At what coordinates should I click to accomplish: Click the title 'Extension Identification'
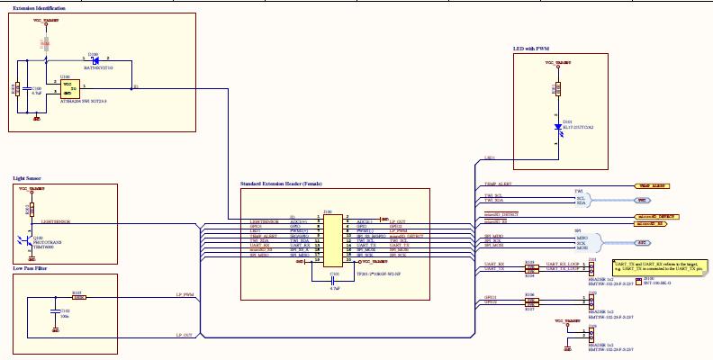[x=39, y=8]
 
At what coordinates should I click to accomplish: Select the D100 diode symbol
[x=93, y=60]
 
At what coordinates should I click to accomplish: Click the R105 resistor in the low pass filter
[x=78, y=297]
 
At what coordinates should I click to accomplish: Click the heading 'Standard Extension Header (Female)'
[x=280, y=184]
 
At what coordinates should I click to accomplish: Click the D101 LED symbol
[x=556, y=127]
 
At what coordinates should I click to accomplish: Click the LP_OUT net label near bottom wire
[x=185, y=334]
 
